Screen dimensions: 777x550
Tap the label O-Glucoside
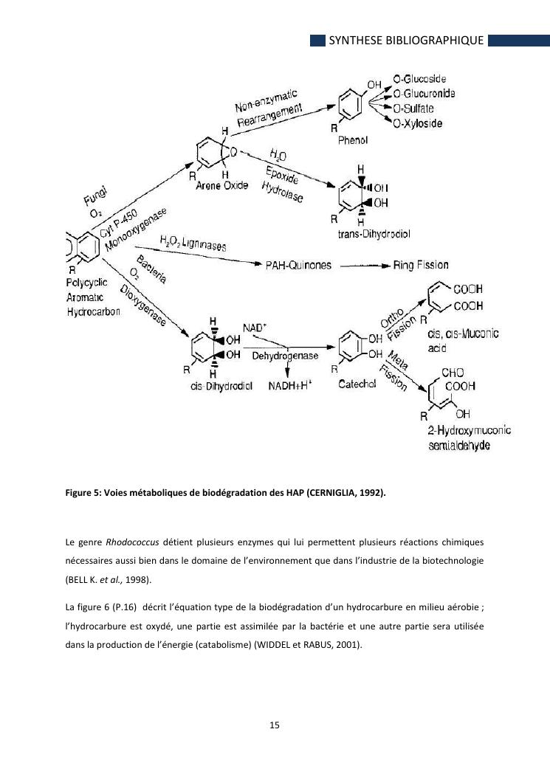[x=419, y=80]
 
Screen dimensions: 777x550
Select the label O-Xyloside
[x=418, y=123]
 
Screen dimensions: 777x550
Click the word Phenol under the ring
[x=353, y=140]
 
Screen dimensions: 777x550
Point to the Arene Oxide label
[x=221, y=186]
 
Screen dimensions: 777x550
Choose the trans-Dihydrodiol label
[x=374, y=234]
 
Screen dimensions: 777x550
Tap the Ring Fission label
[x=420, y=265]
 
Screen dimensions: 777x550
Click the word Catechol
[x=357, y=384]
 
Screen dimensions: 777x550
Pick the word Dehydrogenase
[x=285, y=356]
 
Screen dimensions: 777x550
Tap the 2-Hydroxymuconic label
[x=470, y=431]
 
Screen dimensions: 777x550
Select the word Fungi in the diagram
[x=95, y=197]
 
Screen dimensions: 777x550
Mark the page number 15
[x=274, y=725]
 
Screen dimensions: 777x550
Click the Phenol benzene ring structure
[x=351, y=103]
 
